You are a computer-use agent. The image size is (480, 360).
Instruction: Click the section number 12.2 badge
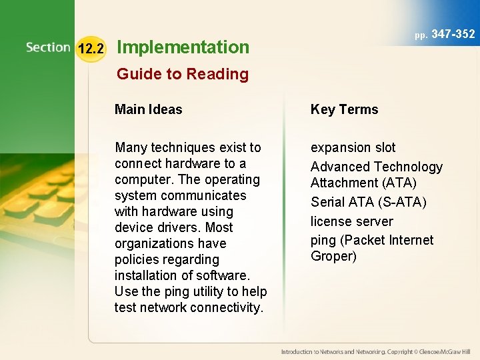pyautogui.click(x=91, y=48)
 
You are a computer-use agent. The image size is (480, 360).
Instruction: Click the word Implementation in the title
pyautogui.click(x=183, y=47)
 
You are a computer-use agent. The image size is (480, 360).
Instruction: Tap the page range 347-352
pyautogui.click(x=453, y=33)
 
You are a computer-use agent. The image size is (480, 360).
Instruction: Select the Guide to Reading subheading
pyautogui.click(x=183, y=74)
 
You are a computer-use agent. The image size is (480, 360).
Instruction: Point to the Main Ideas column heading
pyautogui.click(x=148, y=109)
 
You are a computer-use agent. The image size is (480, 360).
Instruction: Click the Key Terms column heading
pyautogui.click(x=344, y=109)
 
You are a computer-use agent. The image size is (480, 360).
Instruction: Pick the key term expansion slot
pyautogui.click(x=353, y=147)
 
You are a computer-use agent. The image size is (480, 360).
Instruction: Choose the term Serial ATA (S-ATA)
pyautogui.click(x=368, y=201)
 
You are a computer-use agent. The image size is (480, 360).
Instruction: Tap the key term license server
pyautogui.click(x=352, y=221)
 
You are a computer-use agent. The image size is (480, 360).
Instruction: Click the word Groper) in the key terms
pyautogui.click(x=334, y=256)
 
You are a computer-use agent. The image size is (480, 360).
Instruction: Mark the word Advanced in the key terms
pyautogui.click(x=339, y=167)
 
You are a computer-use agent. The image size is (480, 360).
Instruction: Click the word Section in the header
pyautogui.click(x=48, y=47)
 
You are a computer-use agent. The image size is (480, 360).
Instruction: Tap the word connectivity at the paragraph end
pyautogui.click(x=228, y=307)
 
